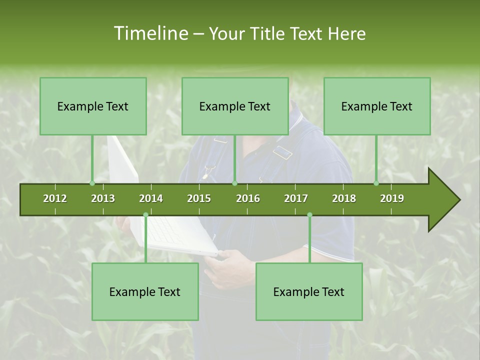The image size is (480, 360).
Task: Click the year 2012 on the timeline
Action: tap(55, 198)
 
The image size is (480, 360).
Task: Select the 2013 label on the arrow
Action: tap(103, 198)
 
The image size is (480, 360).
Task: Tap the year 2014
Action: tap(151, 198)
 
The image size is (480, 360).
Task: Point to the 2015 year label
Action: tap(199, 198)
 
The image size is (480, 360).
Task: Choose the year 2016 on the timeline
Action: tap(248, 198)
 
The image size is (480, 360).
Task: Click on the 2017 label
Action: tap(296, 198)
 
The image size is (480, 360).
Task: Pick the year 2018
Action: tap(344, 198)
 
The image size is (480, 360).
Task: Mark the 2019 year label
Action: tap(392, 198)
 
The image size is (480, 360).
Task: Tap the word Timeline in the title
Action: tap(150, 33)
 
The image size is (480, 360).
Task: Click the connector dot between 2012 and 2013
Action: tap(92, 183)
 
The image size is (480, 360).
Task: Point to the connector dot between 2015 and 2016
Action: tap(234, 183)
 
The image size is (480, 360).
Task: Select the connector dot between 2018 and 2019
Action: tap(376, 183)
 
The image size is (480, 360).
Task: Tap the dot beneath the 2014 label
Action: tap(145, 215)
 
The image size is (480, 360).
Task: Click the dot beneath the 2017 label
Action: tap(309, 215)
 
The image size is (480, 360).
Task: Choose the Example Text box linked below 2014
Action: tap(145, 291)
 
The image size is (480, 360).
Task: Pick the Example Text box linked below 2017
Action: tap(309, 291)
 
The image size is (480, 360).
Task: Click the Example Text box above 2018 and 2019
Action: tap(377, 106)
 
